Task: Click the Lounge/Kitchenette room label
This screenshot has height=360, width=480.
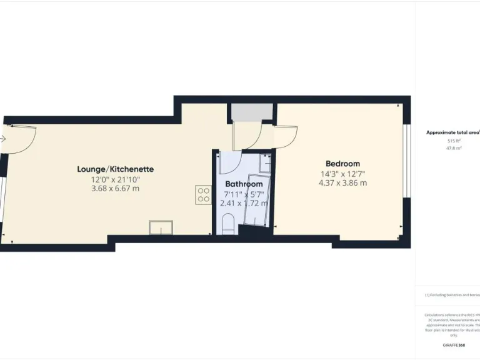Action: tap(115, 169)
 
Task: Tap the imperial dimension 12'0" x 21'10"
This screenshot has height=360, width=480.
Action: tap(115, 179)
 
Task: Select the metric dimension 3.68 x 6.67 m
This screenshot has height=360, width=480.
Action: tap(115, 188)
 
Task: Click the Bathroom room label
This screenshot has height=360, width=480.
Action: tap(244, 184)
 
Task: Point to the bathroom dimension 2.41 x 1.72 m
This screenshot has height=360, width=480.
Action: tap(244, 202)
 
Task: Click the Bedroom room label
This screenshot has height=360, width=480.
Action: tap(342, 164)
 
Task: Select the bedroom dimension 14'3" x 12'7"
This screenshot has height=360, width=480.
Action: tap(342, 174)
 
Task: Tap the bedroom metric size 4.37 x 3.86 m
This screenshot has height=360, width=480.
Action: tap(342, 183)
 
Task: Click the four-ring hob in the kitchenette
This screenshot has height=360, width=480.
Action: tap(203, 194)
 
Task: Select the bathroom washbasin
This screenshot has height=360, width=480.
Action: tap(265, 164)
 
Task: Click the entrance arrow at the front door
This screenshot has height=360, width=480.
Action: tap(3, 139)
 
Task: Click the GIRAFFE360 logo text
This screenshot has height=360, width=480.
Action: tap(453, 346)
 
